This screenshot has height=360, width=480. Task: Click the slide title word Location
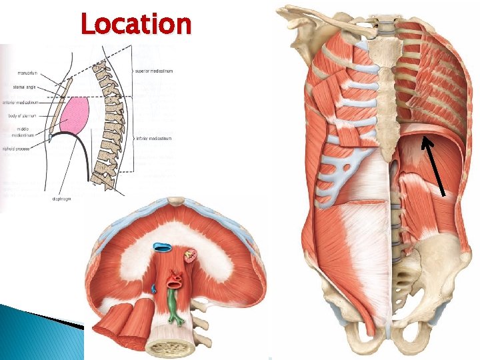(135, 25)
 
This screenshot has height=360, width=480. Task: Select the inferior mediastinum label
(155, 138)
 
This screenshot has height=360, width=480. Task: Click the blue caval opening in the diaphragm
(162, 247)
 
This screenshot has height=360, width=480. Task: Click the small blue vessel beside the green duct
(154, 289)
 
